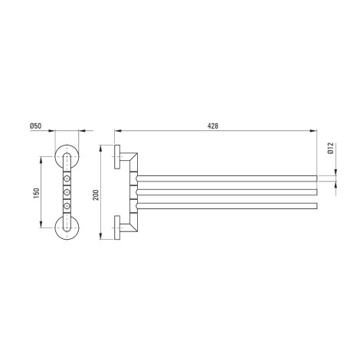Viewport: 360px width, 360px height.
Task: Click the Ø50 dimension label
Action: [x=35, y=126]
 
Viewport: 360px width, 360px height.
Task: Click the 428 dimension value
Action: [x=213, y=126]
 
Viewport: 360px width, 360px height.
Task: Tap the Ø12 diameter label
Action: [x=331, y=148]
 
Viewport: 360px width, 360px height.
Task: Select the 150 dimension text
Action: [x=37, y=193]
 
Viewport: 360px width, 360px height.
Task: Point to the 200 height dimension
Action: [x=96, y=195]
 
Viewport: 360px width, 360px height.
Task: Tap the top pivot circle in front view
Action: [x=67, y=178]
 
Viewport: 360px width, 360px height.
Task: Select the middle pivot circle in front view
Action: [x=67, y=191]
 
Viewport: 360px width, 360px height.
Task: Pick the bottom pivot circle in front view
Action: [x=67, y=205]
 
